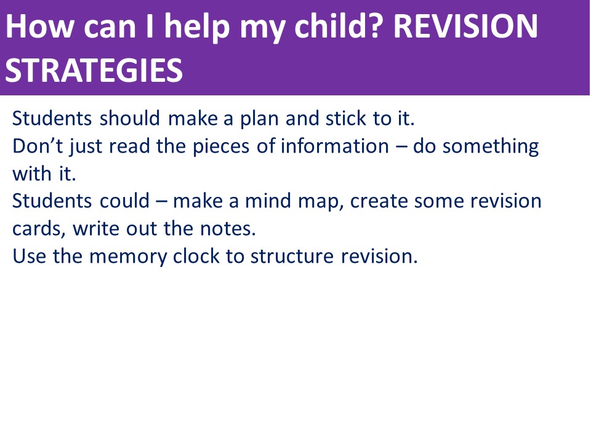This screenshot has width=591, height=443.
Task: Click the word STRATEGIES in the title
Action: (94, 70)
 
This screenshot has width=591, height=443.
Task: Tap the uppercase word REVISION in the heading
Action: (465, 26)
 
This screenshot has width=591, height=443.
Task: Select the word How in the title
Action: (39, 26)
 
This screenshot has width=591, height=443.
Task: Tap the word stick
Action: (345, 118)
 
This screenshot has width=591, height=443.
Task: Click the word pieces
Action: (221, 147)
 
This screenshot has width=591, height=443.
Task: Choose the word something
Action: (491, 147)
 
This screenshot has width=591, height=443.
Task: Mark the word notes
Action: (228, 229)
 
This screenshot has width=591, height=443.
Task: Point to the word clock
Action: (196, 256)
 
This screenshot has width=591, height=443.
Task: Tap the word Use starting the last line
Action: (29, 256)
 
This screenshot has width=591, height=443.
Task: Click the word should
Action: (130, 118)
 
